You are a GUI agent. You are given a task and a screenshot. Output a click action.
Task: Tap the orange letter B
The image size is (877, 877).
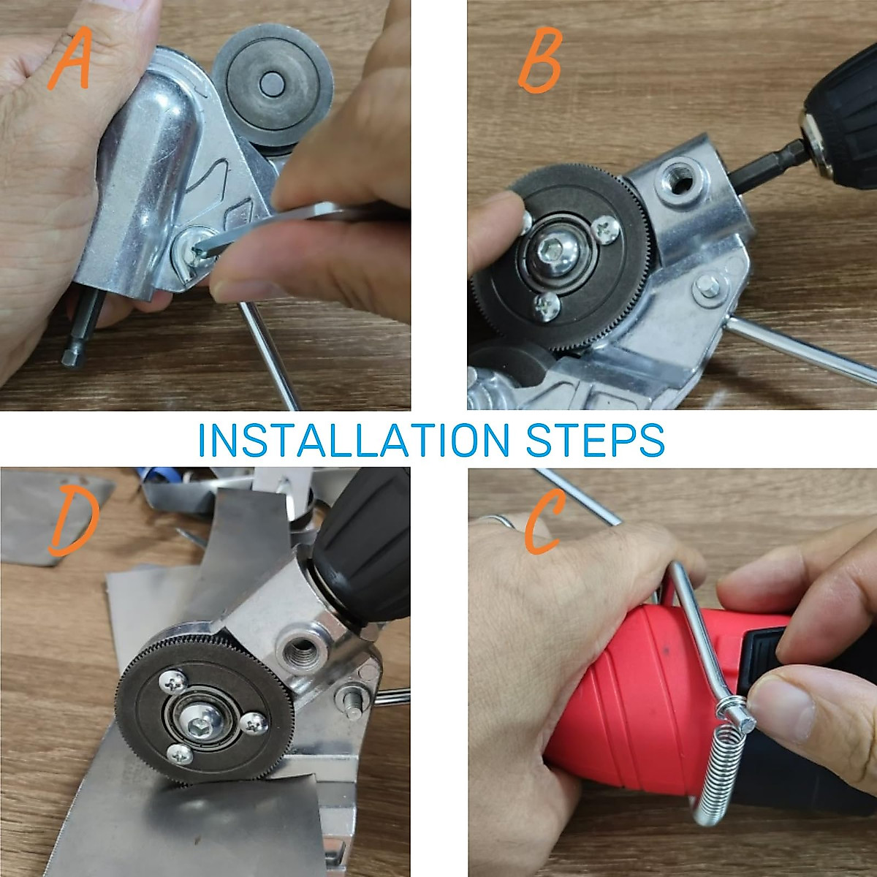[540, 60]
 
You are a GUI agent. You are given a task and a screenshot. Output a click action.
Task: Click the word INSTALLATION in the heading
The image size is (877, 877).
[354, 440]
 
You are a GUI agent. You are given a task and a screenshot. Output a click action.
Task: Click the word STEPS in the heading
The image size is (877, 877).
[596, 440]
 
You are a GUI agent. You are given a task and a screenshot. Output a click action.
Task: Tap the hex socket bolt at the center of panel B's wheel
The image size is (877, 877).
[553, 251]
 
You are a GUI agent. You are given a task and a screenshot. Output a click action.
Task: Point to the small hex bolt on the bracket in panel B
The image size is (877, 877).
[707, 286]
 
